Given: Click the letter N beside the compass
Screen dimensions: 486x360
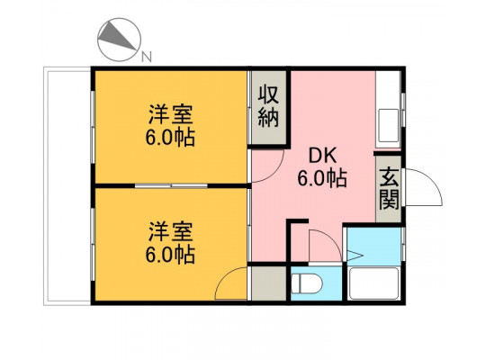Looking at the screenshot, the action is [147, 57].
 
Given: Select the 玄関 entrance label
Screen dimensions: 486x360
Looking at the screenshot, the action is [389, 190].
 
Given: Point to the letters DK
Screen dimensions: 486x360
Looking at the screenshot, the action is [322, 156].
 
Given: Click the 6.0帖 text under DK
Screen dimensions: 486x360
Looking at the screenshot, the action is [322, 178].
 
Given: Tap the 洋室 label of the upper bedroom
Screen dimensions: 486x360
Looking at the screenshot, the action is [171, 114].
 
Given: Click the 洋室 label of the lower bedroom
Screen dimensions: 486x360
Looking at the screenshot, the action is [171, 231].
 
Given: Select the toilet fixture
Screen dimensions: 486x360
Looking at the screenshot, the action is [307, 283].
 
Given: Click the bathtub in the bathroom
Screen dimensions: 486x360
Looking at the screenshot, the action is [373, 283].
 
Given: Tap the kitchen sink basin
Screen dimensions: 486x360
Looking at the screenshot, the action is [389, 125].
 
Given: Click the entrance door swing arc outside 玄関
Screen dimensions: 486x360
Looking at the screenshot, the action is [431, 180].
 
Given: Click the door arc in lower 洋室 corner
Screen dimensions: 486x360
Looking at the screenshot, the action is [224, 275].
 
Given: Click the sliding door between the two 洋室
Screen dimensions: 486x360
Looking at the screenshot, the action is [171, 185].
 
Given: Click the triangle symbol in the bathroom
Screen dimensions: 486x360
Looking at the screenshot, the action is [355, 256].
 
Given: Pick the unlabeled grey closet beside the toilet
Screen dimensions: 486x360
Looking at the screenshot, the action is [269, 283].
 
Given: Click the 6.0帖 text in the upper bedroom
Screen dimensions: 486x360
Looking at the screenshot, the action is [171, 138].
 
